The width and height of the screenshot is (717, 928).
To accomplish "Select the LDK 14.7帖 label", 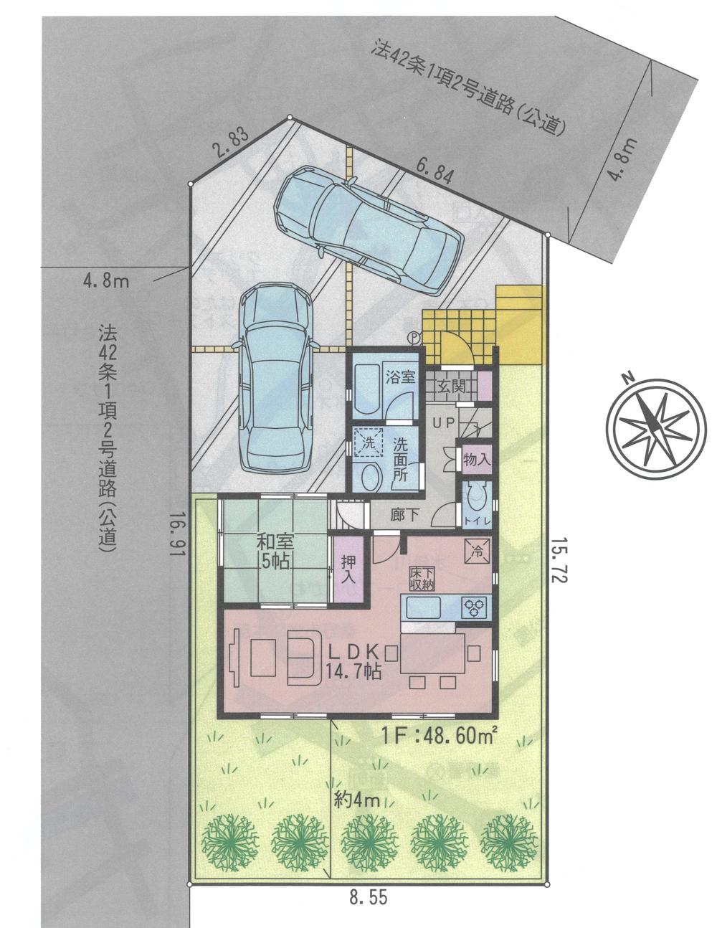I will (353, 661).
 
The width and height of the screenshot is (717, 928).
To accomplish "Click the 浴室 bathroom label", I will (400, 377).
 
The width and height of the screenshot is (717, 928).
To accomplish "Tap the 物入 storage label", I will (477, 460).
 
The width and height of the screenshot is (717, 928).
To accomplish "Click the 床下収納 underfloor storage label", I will (419, 578).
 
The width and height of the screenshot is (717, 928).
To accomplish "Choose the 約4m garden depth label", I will (356, 800).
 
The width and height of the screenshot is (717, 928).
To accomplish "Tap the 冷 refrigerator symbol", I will (477, 551).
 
